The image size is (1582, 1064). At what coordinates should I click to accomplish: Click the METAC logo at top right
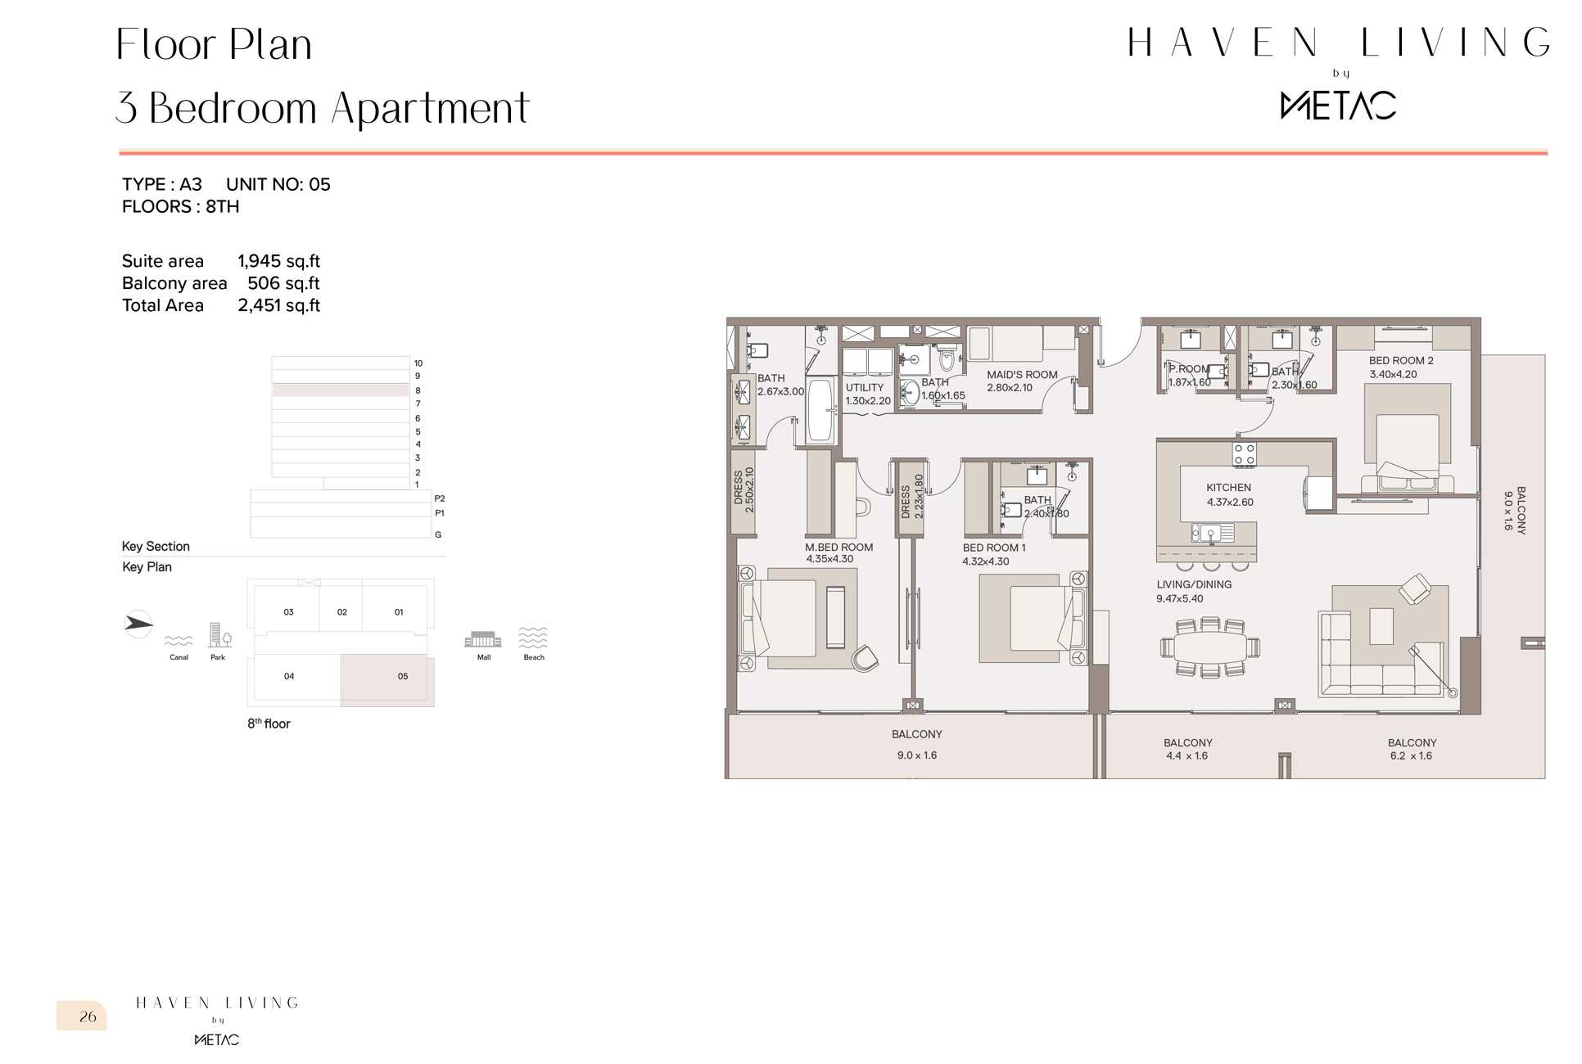coord(1338,105)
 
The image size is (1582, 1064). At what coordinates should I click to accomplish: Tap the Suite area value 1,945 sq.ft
coord(278,261)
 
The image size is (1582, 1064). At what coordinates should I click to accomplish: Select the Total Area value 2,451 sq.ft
coord(278,305)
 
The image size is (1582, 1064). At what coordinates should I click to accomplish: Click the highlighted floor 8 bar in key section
coord(341,390)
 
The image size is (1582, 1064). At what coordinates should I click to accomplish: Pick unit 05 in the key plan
coord(387,679)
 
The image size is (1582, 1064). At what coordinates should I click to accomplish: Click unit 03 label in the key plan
coord(288,612)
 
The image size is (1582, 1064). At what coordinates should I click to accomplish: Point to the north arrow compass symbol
coord(138,624)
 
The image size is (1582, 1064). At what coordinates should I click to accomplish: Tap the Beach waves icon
coord(533,638)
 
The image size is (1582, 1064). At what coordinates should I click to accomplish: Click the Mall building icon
coord(483,639)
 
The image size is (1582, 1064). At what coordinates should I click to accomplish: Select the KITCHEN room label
coord(1228,487)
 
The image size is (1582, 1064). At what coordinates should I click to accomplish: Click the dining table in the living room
coord(1210,647)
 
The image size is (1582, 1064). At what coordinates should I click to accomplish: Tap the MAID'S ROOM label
coord(1022,375)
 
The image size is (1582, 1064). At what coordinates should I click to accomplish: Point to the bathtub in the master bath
coord(820,409)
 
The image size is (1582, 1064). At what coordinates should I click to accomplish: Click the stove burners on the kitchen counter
coord(1244,454)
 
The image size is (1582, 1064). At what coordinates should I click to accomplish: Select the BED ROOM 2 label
coord(1401,360)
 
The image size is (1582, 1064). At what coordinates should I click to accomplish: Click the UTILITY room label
coord(865,388)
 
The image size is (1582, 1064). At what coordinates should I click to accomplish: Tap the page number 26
coord(88,1017)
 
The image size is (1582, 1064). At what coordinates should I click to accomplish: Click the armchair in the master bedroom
coord(865,658)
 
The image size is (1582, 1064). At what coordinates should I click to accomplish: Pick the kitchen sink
coord(1212,534)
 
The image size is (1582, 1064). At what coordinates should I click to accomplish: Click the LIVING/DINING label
coord(1194,584)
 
